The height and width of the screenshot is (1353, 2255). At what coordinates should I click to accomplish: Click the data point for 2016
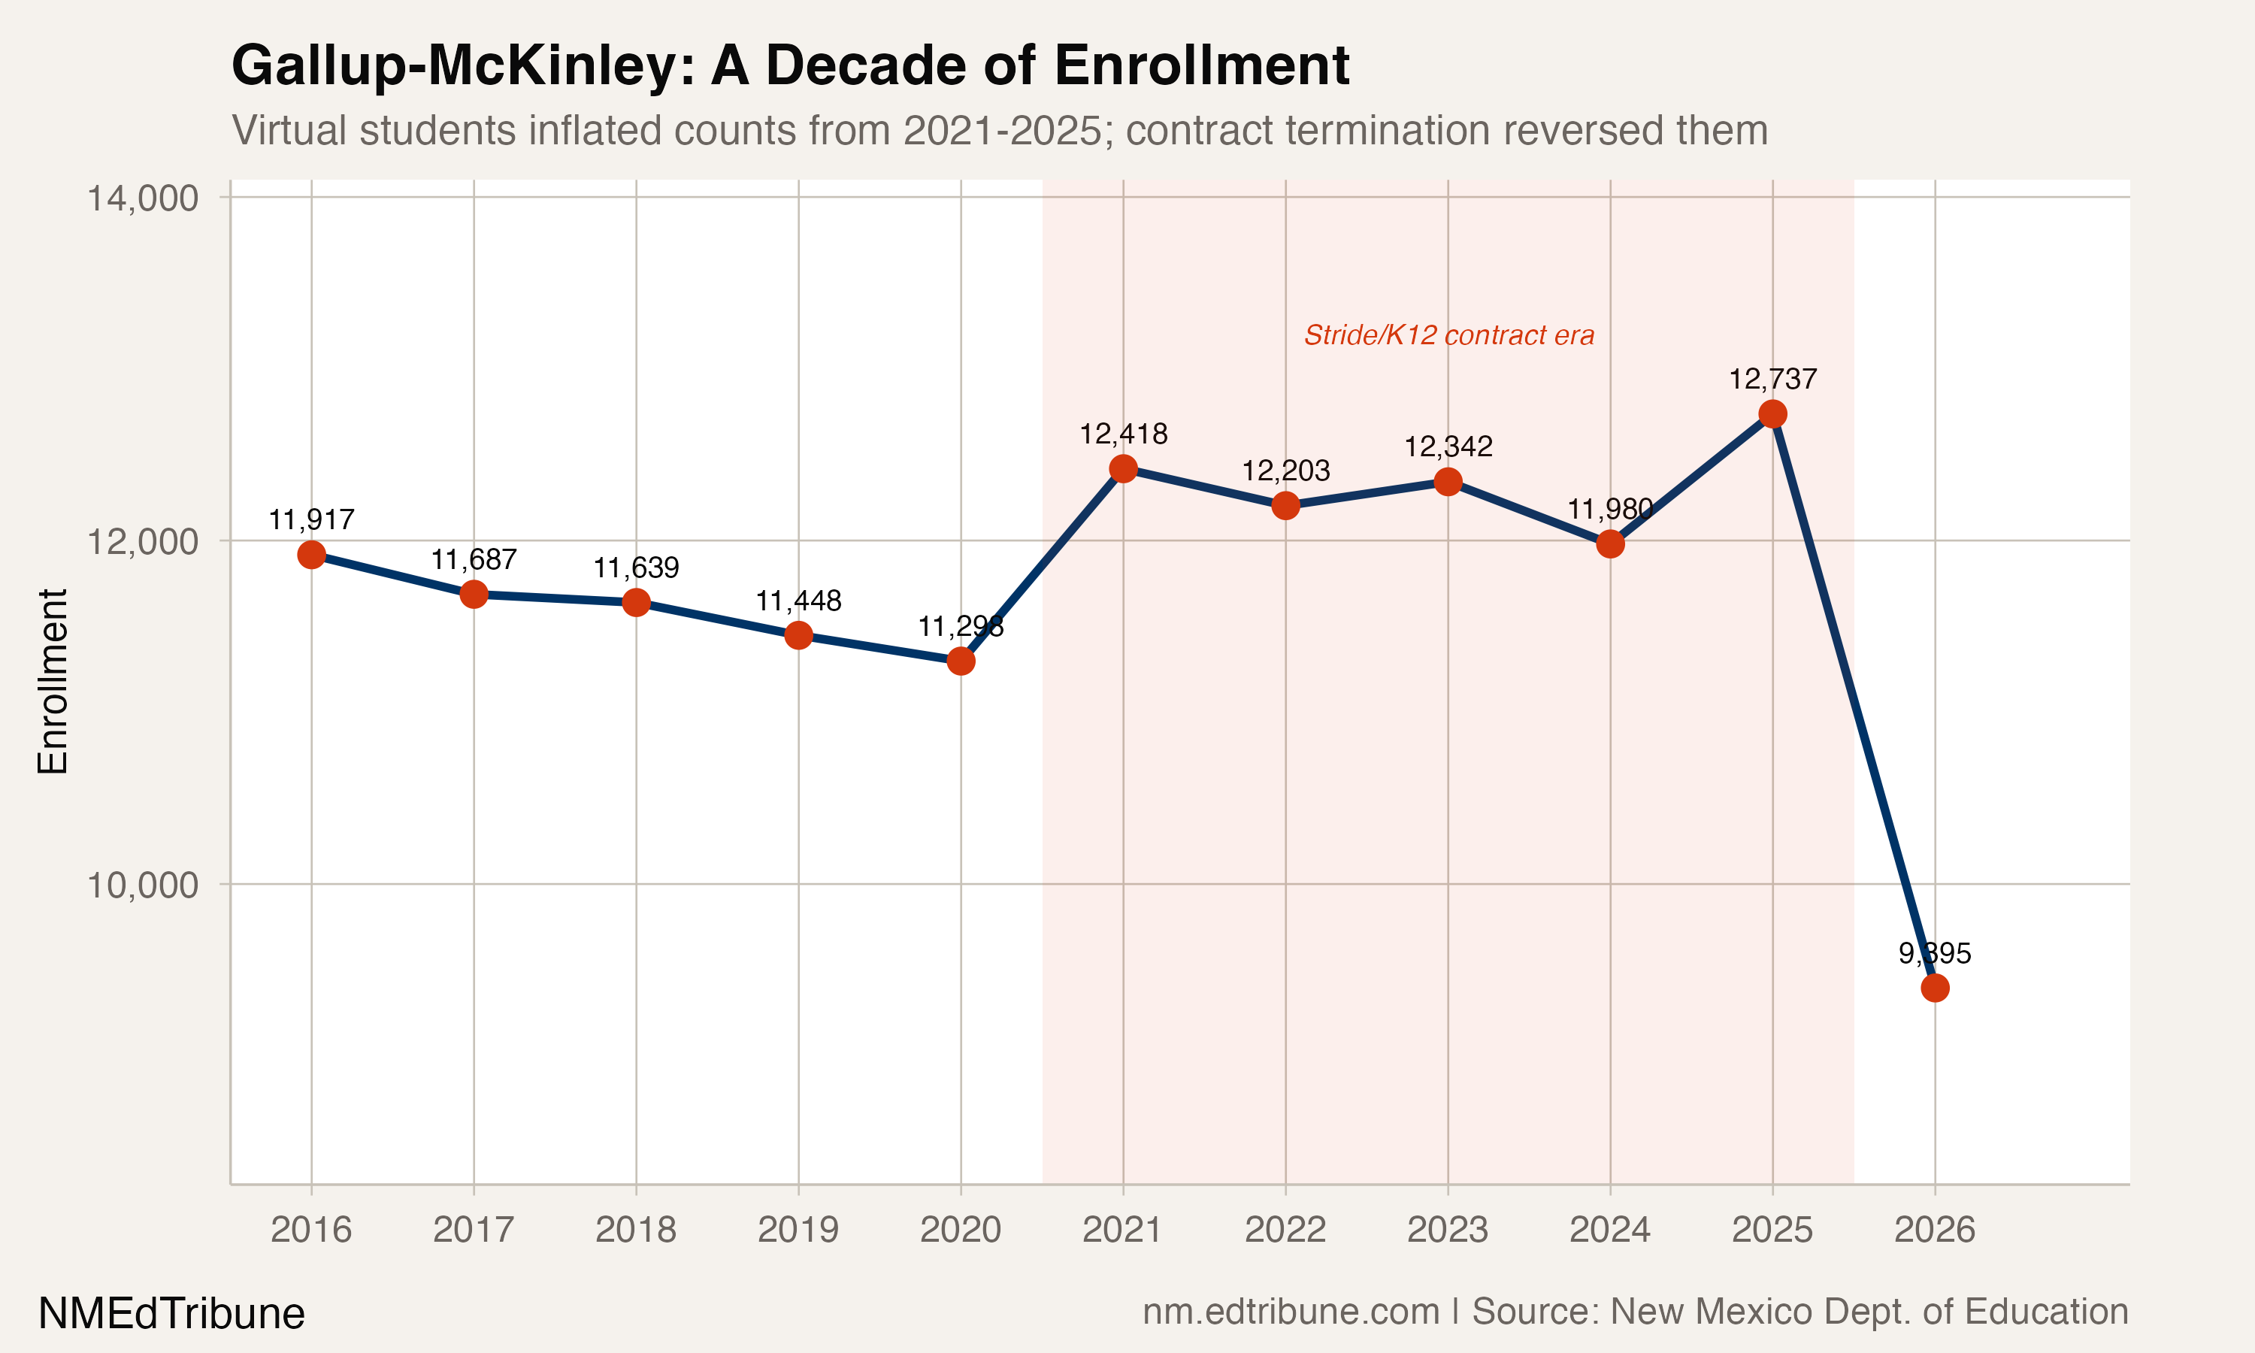312,554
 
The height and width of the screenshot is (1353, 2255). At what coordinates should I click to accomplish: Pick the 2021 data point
1123,468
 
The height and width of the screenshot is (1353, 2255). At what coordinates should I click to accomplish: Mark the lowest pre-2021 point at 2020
961,660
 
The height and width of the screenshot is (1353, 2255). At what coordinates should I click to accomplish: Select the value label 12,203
1285,471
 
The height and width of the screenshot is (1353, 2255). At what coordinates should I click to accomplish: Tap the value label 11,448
798,600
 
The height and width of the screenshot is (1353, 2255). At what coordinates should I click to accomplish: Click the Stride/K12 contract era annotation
1448,335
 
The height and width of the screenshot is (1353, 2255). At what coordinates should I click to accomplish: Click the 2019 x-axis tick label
798,1230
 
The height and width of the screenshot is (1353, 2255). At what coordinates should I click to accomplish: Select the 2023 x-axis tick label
1448,1230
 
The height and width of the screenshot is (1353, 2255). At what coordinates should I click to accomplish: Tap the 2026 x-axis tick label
1934,1230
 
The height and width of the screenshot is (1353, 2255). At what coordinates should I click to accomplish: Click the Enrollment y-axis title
53,681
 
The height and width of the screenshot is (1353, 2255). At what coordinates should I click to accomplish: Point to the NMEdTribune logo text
171,1314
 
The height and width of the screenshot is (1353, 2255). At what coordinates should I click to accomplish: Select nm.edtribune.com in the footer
1291,1312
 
